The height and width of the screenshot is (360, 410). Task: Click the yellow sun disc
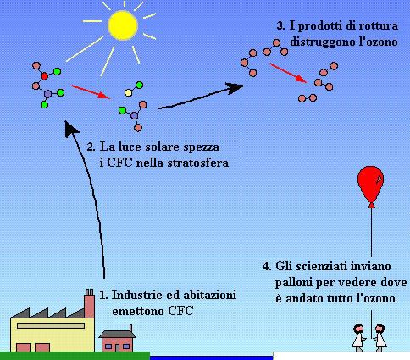tap(123, 25)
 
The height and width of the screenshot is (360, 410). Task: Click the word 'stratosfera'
tap(197, 163)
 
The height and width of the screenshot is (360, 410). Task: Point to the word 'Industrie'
tap(137, 295)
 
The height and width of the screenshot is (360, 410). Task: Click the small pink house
tap(117, 341)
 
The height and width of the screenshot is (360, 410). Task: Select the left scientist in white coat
tap(358, 338)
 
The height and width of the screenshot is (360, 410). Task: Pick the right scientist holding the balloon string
tap(380, 338)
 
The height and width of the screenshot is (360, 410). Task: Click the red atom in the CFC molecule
tap(44, 76)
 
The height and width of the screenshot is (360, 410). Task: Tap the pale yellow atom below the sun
tap(128, 92)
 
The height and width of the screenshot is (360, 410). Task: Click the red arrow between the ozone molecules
tap(288, 73)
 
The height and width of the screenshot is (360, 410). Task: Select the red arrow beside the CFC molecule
tap(91, 91)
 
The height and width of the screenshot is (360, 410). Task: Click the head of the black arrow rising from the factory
tap(70, 129)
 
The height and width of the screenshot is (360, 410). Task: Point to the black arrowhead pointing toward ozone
tap(235, 88)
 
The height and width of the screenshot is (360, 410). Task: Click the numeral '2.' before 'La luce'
tap(91, 147)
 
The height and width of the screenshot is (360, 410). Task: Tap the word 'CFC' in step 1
tap(180, 311)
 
